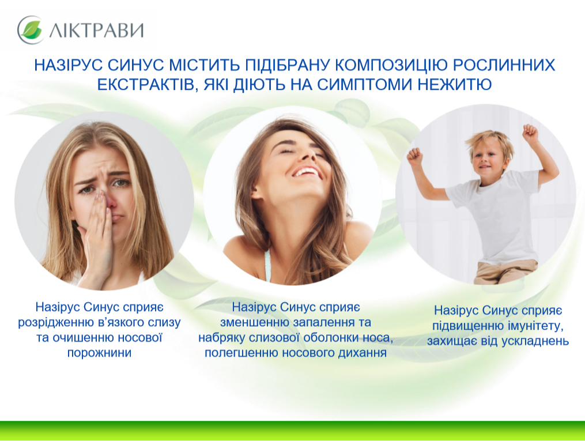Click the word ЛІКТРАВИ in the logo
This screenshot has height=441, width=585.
click(x=96, y=30)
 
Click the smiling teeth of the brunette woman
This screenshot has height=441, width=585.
click(x=306, y=172)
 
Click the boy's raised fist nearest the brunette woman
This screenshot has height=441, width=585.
click(x=415, y=157)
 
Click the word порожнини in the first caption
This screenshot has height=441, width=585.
click(x=99, y=353)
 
